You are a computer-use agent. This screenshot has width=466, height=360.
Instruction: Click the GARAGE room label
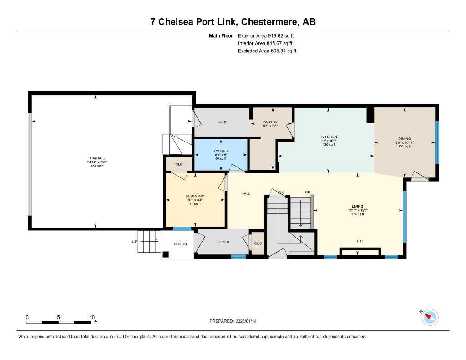(x=96, y=158)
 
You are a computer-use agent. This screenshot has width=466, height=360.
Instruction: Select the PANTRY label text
(x=270, y=122)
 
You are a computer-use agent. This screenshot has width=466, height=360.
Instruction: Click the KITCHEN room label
(x=329, y=137)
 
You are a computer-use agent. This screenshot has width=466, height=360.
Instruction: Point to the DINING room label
(x=404, y=139)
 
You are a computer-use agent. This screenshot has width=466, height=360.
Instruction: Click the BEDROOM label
(x=195, y=196)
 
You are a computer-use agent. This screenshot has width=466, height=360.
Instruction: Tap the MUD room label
(x=222, y=122)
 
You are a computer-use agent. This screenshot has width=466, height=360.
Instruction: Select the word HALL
(x=246, y=193)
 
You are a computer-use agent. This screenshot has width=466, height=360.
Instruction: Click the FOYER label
(x=223, y=242)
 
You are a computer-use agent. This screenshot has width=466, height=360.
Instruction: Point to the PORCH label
(x=181, y=244)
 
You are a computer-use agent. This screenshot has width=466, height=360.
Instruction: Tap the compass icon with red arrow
(x=430, y=317)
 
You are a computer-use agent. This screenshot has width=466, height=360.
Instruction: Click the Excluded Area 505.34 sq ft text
(x=267, y=51)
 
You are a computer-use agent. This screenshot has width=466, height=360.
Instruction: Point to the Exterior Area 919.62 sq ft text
(x=268, y=35)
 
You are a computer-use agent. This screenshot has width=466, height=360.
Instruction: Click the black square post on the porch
(x=166, y=254)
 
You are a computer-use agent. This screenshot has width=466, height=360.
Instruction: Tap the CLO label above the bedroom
(x=179, y=164)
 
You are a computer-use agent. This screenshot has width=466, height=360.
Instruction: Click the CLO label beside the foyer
(x=258, y=243)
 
